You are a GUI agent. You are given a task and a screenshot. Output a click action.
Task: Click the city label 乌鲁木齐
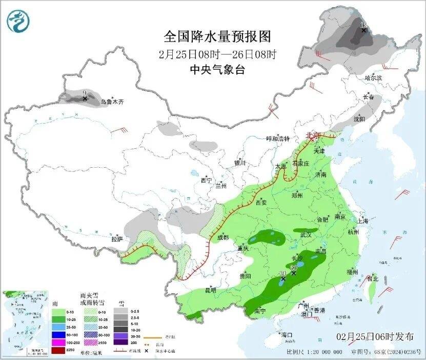click(112, 102)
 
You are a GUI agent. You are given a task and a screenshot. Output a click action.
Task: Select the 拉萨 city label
click(117, 238)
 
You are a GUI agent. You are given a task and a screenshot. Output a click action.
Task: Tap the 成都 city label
click(223, 237)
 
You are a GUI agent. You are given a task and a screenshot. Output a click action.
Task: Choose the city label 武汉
click(306, 234)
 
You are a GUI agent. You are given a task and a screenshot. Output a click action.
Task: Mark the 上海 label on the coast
click(363, 221)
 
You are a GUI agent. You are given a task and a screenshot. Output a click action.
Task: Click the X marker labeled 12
click(363, 30)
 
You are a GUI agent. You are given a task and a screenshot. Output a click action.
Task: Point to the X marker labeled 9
click(85, 98)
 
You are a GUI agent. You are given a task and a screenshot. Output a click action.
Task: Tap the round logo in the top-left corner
click(18, 20)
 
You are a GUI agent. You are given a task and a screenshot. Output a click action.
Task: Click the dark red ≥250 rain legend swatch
click(58, 350)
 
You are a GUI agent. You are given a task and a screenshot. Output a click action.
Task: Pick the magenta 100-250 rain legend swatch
click(58, 342)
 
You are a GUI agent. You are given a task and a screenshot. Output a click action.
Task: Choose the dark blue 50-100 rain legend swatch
click(58, 334)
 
